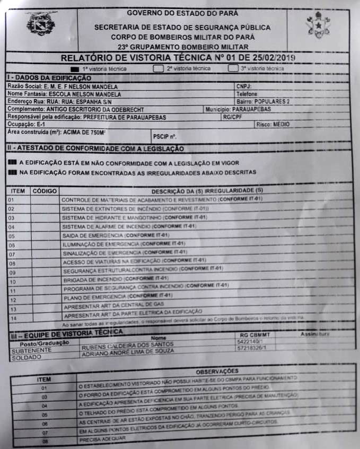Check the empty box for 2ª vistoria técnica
(x=157, y=68)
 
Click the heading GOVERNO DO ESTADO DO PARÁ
(x=182, y=12)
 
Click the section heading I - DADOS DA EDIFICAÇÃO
(x=42, y=78)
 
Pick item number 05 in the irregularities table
(x=12, y=236)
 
